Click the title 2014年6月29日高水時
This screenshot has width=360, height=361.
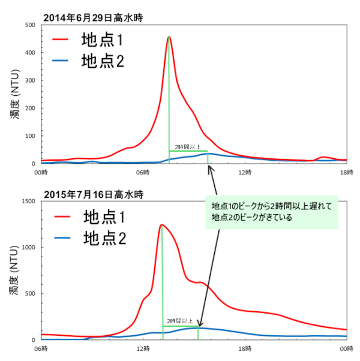pyautogui.click(x=92, y=18)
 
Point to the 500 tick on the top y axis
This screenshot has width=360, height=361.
pyautogui.click(x=29, y=25)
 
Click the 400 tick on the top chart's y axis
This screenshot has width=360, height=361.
pyautogui.click(x=29, y=53)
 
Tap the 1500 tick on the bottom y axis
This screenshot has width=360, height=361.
pyautogui.click(x=27, y=201)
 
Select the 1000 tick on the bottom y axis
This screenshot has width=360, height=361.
pyautogui.click(x=27, y=248)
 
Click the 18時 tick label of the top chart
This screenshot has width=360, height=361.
pyautogui.click(x=347, y=173)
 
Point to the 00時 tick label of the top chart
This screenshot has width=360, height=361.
pyautogui.click(x=41, y=173)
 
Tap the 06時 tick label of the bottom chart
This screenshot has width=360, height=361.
pyautogui.click(x=41, y=348)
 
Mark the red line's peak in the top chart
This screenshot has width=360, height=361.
pyautogui.click(x=169, y=37)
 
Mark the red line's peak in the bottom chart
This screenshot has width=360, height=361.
pyautogui.click(x=161, y=225)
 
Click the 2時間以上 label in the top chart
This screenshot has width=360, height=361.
pyautogui.click(x=187, y=147)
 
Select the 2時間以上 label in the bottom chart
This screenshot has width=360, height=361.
pyautogui.click(x=180, y=321)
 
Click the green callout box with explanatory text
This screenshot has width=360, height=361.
pyautogui.click(x=272, y=212)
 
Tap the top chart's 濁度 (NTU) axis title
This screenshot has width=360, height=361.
pyautogui.click(x=14, y=94)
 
